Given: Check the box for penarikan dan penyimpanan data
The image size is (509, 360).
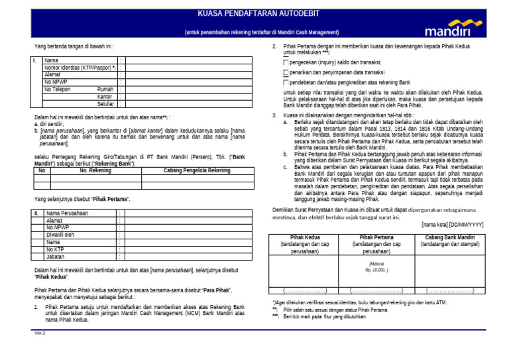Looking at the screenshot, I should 286,72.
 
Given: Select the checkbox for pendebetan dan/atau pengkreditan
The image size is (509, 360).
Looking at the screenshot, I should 286,82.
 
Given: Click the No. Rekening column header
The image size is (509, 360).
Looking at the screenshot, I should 95,170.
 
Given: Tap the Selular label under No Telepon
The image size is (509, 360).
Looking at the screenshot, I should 105,103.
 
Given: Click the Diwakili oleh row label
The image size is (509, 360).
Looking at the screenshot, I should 60,235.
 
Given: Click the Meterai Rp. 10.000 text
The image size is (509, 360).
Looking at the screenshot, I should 376,267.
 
